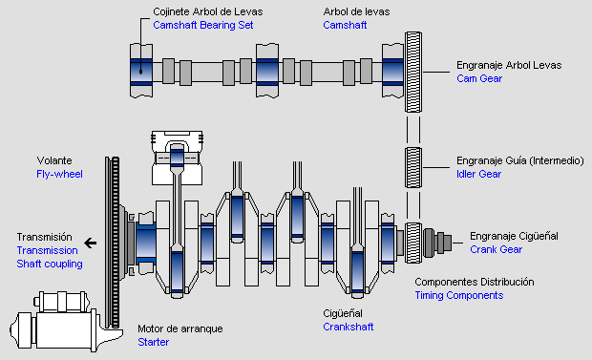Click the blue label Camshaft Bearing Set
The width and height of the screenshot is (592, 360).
202,26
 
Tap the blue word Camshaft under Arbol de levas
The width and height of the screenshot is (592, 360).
345,26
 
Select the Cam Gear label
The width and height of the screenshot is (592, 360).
479,78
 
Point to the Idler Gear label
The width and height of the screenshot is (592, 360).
478,174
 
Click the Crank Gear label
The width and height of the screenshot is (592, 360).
497,249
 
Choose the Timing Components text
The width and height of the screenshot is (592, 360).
459,295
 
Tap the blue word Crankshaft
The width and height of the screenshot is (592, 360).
349,327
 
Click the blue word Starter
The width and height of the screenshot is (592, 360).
154,342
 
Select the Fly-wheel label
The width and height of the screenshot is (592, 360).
59,174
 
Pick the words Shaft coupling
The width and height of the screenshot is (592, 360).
50,265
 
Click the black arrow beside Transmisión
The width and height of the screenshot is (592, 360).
91,243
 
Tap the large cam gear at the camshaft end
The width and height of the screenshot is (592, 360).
413,72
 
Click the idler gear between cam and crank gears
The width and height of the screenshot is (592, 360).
413,167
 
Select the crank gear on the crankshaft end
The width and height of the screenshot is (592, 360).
413,243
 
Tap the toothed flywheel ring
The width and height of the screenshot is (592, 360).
113,243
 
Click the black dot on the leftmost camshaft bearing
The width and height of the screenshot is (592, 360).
140,72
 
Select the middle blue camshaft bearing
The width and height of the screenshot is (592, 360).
267,72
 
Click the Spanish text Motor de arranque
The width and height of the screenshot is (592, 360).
180,328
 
